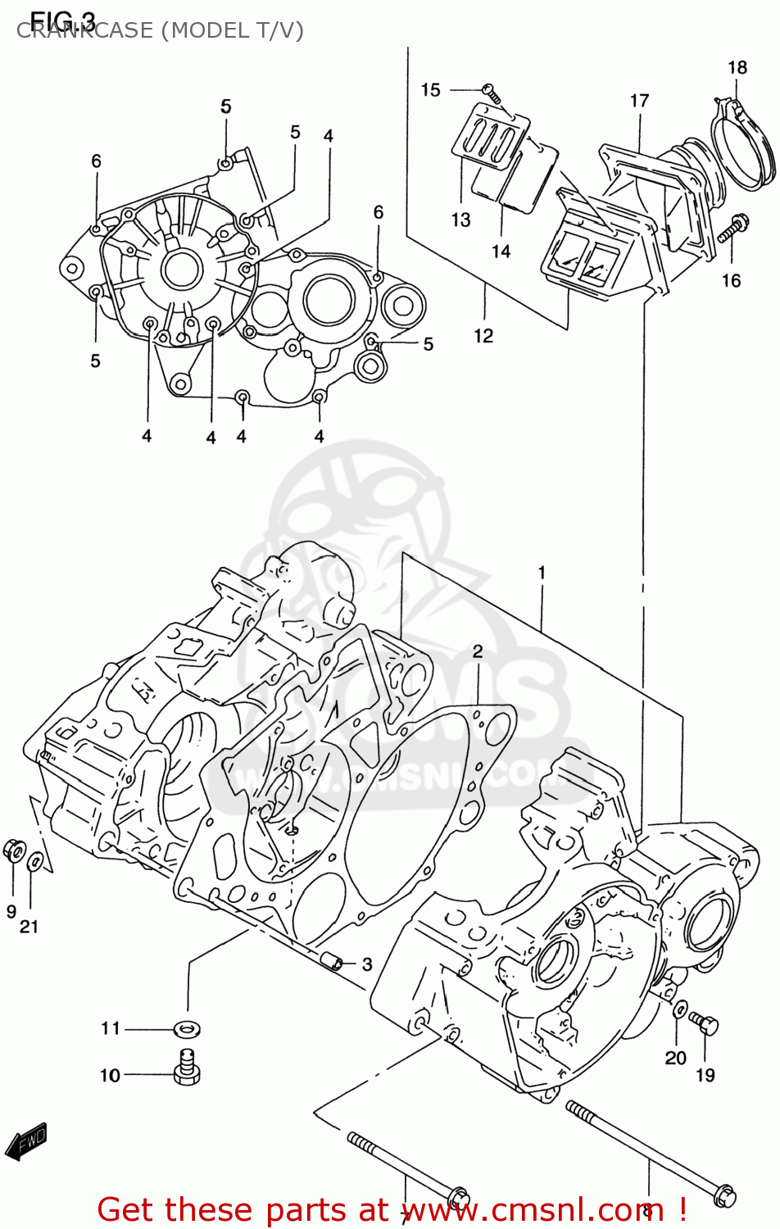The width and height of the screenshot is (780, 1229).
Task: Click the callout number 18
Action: pos(737,68)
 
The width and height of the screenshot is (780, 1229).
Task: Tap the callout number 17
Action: pos(639,101)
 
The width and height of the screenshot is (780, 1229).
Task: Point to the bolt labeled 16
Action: pos(732,229)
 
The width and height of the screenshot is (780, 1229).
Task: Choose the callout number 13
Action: pos(460,220)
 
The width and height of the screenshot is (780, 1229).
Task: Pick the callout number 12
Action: pos(483,335)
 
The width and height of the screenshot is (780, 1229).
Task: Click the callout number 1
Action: pos(542,573)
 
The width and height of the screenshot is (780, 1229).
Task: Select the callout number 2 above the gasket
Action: pos(478,651)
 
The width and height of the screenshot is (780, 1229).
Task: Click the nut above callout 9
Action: pos(13,850)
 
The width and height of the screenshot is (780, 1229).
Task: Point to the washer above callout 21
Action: pos(35,861)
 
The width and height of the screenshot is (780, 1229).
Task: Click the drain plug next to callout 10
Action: pos(187,1068)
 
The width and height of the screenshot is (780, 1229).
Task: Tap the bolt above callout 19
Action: pos(704,1023)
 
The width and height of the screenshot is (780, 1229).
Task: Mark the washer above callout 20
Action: pos(681,1009)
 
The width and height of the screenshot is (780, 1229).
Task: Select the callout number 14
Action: pos(501,252)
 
